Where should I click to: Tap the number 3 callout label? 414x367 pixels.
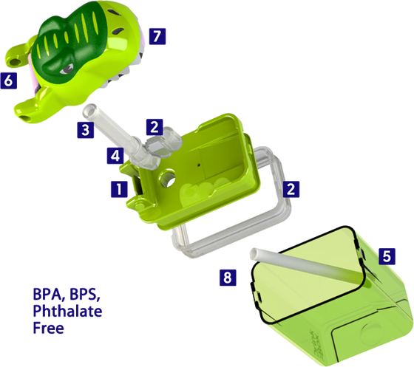click(85, 131)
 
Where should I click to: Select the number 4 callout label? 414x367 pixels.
click(115, 156)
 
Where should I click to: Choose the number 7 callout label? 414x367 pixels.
click(156, 35)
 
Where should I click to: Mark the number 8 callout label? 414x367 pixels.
click(228, 278)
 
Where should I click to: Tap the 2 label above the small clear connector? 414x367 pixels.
click(154, 126)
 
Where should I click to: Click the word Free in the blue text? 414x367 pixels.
click(50, 328)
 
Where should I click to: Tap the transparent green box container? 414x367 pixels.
click(325, 295)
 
